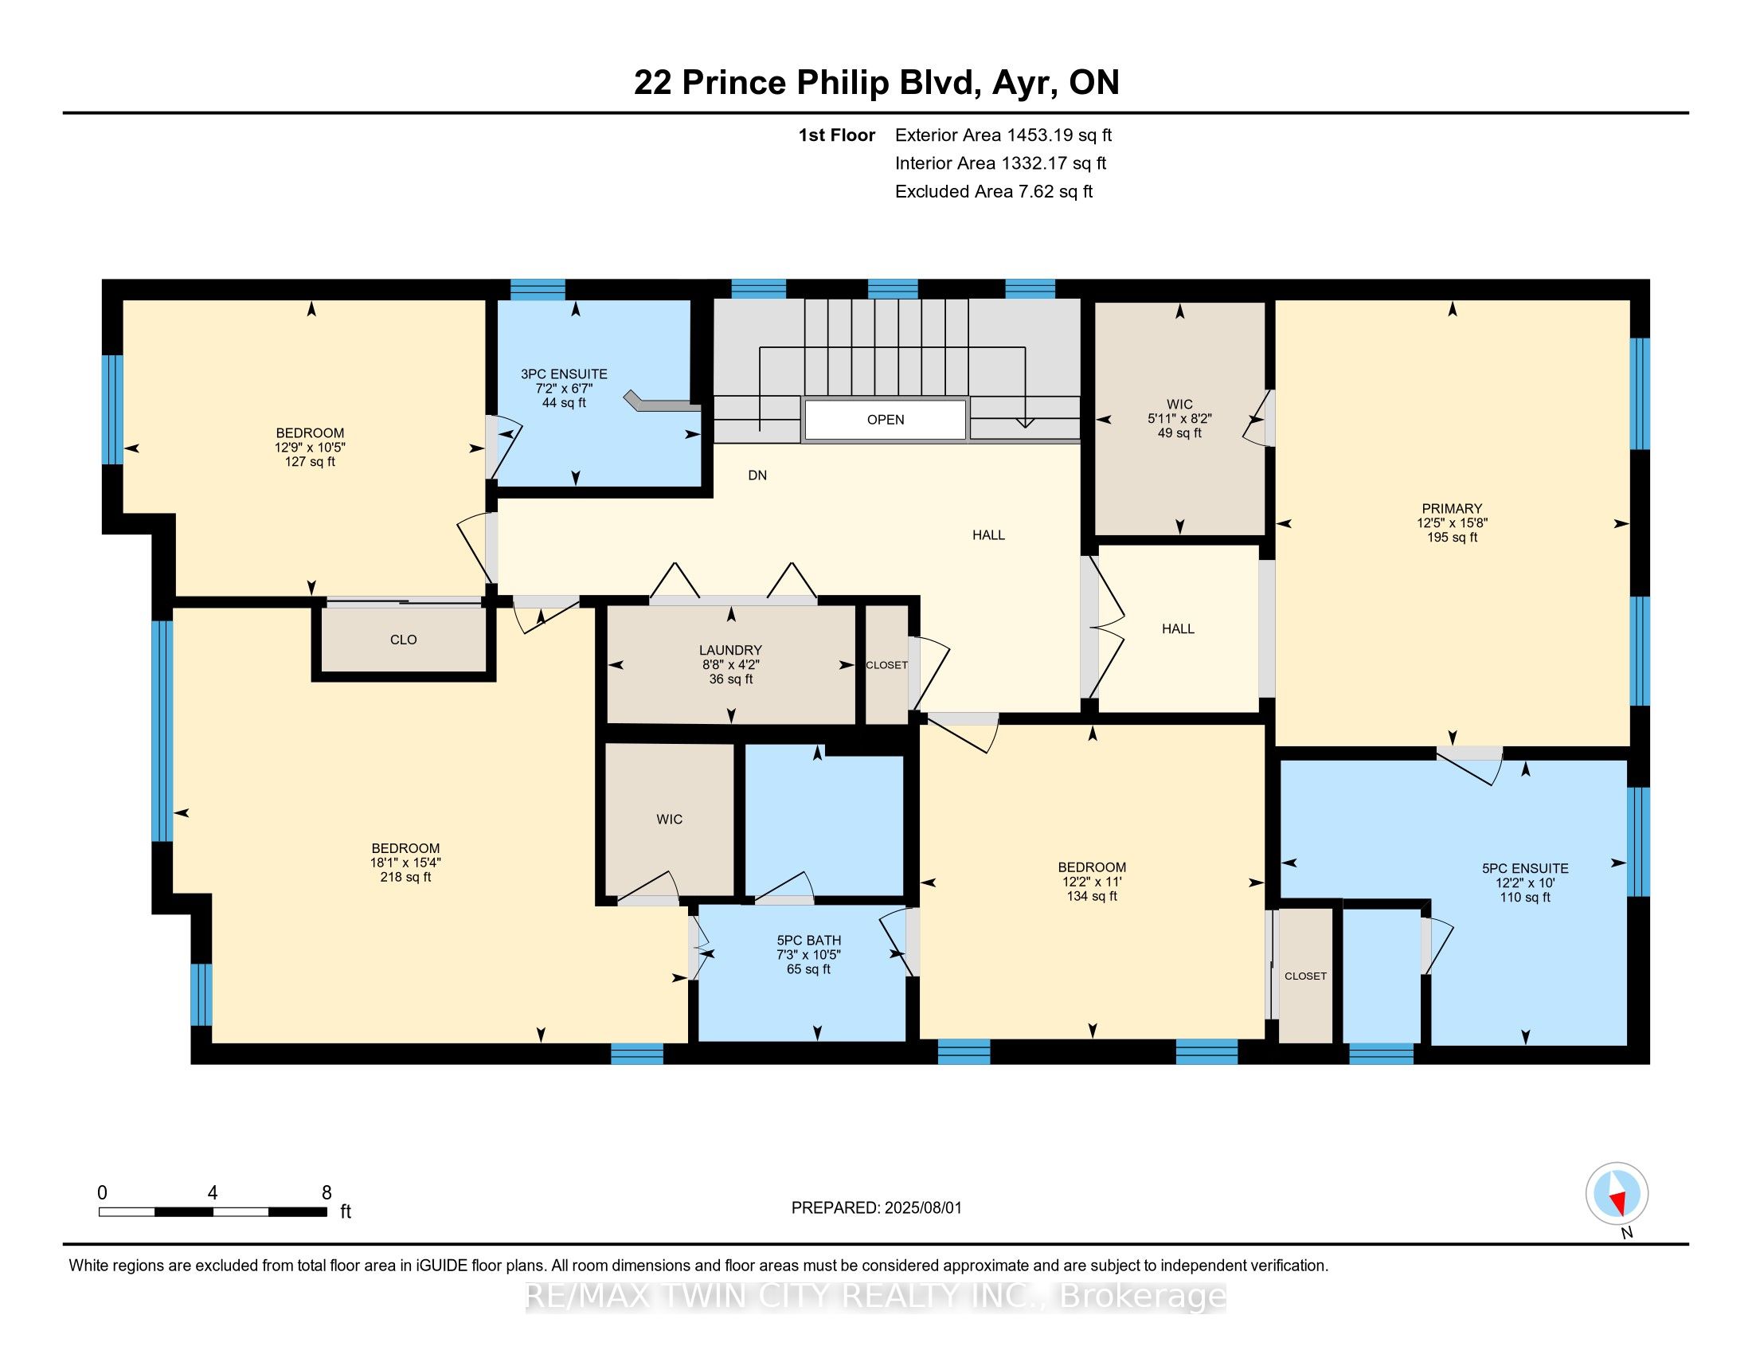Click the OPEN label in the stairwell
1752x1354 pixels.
(885, 420)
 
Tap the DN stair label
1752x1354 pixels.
(757, 475)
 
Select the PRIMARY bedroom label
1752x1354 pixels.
(1451, 509)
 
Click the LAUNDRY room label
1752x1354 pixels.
(730, 650)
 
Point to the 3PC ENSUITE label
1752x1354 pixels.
(564, 374)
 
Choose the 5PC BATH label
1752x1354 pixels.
(808, 940)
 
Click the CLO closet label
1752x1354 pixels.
(403, 640)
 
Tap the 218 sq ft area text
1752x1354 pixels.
(405, 878)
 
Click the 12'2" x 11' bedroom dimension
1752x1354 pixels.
(1091, 882)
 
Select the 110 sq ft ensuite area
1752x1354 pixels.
(1524, 898)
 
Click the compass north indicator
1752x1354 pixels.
(1617, 1194)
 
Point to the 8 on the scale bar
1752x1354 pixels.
(327, 1193)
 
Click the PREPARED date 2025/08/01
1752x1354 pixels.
(876, 1208)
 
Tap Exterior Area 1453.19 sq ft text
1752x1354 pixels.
(1003, 135)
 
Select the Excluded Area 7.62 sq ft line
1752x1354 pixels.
(993, 191)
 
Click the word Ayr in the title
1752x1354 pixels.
(1022, 83)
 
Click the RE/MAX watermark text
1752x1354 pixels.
(875, 1296)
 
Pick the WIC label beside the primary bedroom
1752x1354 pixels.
(1179, 405)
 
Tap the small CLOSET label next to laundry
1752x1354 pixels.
(886, 665)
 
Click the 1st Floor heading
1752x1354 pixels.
(836, 135)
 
